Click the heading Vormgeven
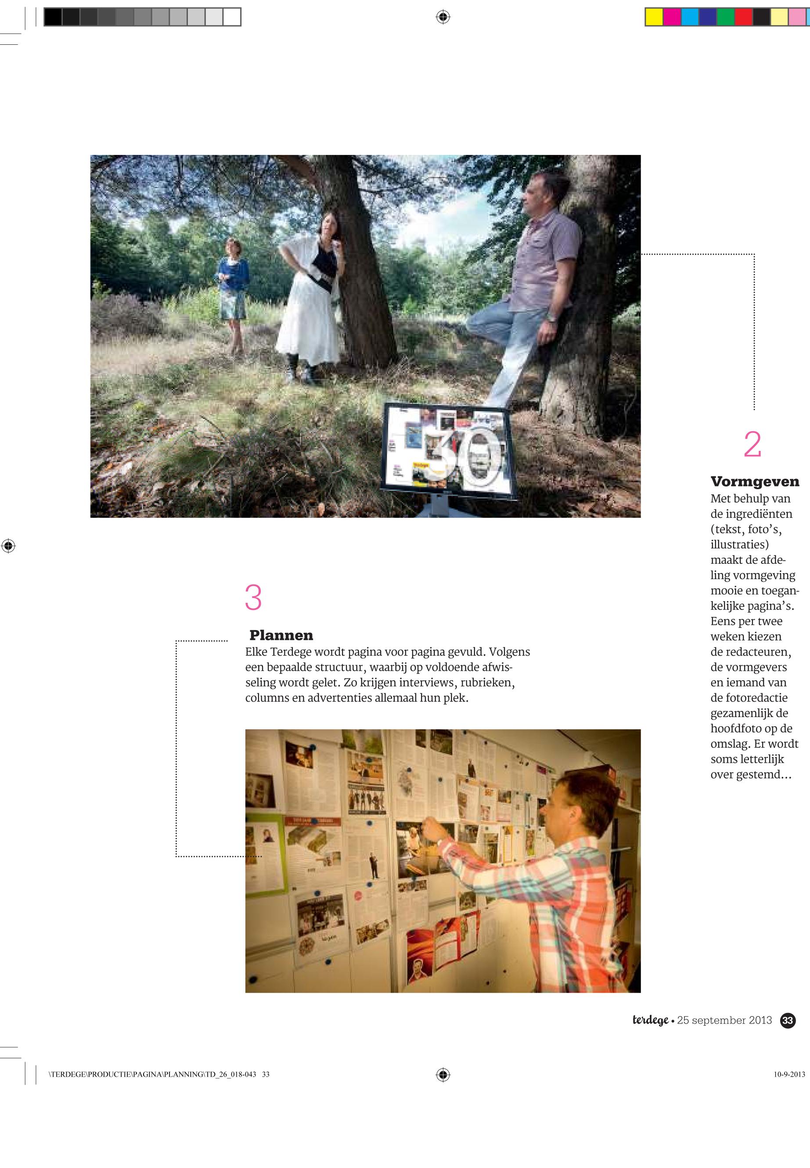(x=755, y=481)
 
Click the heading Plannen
(x=281, y=635)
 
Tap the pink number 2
(x=752, y=444)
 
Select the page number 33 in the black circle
(x=788, y=1020)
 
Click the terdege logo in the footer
(x=650, y=1020)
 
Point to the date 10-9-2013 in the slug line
(x=789, y=1074)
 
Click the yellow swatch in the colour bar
(x=654, y=17)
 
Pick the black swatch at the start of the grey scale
(x=53, y=17)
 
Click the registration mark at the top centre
(x=443, y=17)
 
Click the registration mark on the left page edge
(x=8, y=546)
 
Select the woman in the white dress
(x=308, y=299)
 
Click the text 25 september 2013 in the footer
(x=724, y=1020)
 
